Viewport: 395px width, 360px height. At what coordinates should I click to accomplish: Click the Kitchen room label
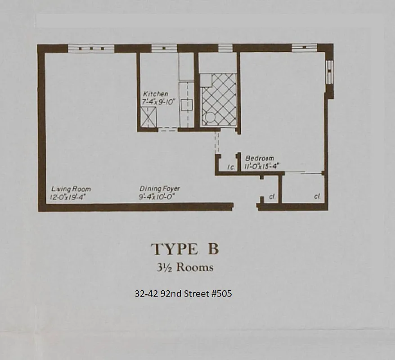155,94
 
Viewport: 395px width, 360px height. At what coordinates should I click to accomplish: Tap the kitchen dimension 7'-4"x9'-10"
155,102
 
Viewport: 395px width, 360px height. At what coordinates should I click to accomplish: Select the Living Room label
71,189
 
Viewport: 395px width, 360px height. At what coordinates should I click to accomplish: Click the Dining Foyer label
160,189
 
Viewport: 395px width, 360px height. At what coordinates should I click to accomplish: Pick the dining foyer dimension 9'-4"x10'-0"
159,197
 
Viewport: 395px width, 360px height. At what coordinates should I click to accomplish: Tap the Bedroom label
260,158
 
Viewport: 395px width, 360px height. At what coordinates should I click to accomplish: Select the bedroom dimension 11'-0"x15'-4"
262,166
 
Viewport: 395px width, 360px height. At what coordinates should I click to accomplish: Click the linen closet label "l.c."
231,167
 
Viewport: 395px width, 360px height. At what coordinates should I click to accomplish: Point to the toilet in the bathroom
210,118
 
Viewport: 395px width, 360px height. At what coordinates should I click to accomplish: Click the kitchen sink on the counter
186,105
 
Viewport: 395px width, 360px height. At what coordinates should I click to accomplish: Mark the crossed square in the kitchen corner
147,118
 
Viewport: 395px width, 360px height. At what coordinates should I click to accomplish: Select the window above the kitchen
164,48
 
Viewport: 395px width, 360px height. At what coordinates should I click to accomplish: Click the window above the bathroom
225,48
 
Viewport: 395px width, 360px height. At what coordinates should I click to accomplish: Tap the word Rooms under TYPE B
195,267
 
